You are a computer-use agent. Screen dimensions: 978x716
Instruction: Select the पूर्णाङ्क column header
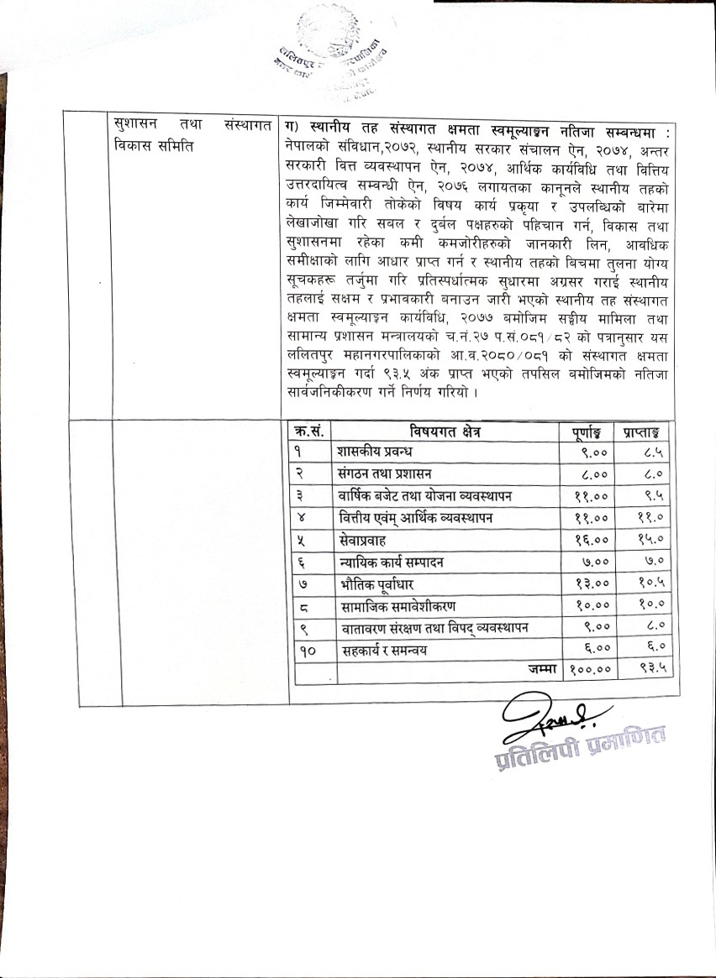click(587, 431)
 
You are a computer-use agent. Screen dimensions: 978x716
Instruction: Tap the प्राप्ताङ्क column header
click(645, 431)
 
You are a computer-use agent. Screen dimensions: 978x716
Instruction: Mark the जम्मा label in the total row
click(536, 669)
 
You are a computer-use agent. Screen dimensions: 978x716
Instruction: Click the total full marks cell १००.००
click(588, 670)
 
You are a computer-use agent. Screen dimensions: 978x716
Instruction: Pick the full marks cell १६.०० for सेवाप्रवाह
click(588, 540)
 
